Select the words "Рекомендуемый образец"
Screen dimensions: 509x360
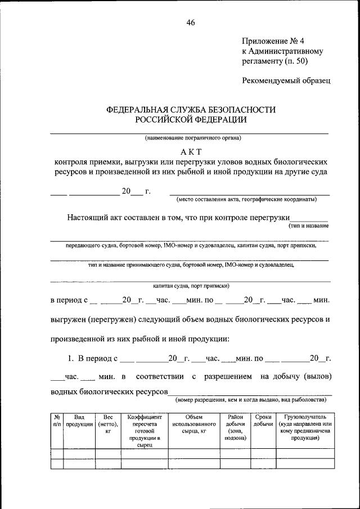[x=286, y=80]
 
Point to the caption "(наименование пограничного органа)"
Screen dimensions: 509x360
[x=190, y=138]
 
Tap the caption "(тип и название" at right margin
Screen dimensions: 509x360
[x=308, y=226]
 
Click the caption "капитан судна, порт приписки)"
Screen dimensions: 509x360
[x=190, y=285]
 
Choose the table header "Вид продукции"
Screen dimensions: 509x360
[x=79, y=422]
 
